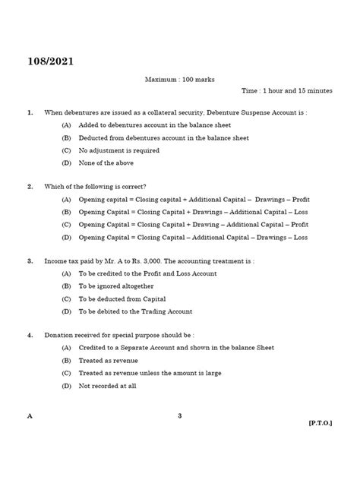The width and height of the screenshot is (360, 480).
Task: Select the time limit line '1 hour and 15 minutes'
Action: [286, 90]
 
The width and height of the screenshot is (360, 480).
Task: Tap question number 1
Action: [30, 112]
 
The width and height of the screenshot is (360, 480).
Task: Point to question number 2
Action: [30, 187]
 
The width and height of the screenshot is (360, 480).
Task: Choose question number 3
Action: [30, 261]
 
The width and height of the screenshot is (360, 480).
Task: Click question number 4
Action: [30, 335]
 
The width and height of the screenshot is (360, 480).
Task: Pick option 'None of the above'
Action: [107, 163]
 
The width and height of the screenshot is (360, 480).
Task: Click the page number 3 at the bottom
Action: [179, 415]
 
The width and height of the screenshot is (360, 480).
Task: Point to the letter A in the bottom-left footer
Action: [30, 415]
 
